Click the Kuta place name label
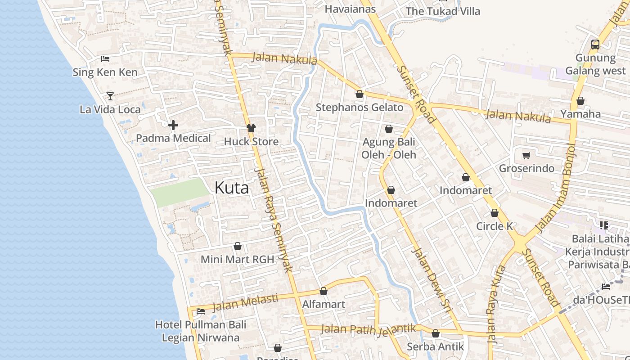point(231,188)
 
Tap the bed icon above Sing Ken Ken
point(105,59)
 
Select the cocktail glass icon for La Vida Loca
point(110,96)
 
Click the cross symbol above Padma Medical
point(173,125)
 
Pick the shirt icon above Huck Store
point(251,128)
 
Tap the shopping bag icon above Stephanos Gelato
point(359,94)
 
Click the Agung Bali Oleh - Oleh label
point(389,148)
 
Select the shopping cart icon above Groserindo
point(526,155)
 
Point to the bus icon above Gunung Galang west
point(595,45)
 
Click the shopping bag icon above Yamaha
point(580,101)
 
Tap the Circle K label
point(495,226)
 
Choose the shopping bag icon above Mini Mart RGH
point(237,247)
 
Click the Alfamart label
point(324,304)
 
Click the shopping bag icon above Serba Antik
point(435,333)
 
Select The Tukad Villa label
point(443,11)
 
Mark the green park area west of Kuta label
point(180,193)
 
